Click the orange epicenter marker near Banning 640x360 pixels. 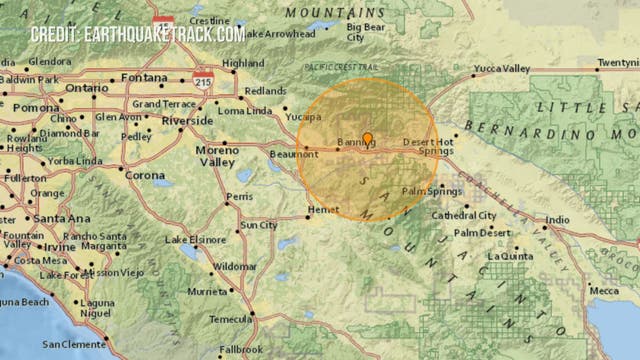[367, 138]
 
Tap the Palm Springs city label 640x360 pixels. [427, 190]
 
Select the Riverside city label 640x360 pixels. [188, 120]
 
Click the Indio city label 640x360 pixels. [557, 220]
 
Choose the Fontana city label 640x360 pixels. [142, 77]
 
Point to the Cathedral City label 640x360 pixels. [464, 215]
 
